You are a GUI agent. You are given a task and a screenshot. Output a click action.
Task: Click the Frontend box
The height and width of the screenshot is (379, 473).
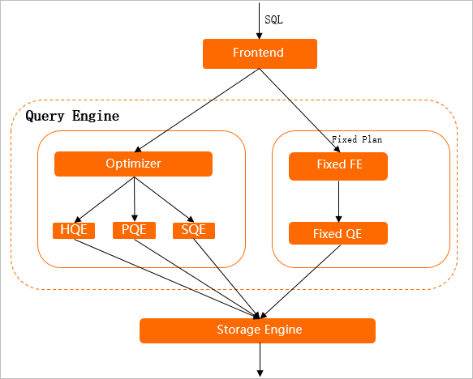pos(259,54)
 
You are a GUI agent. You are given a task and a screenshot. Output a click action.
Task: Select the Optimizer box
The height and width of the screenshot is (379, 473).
pos(133,164)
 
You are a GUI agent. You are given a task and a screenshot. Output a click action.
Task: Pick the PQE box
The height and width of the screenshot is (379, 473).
pos(134,230)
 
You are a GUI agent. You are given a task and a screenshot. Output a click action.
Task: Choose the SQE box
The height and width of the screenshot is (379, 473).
pos(194,230)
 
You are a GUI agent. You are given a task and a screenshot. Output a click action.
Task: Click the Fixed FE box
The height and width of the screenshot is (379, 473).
pos(338,167)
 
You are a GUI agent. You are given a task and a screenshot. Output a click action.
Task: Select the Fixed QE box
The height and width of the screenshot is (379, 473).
pos(338,234)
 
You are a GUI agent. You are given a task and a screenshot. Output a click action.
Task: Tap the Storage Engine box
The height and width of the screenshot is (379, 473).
pos(258,330)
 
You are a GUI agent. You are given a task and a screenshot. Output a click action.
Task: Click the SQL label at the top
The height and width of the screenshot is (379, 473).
pos(274,18)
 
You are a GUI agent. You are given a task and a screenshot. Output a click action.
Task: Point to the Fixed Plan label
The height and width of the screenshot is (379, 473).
pos(356,139)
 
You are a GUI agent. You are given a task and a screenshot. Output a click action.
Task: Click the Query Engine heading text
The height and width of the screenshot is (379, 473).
pos(72,116)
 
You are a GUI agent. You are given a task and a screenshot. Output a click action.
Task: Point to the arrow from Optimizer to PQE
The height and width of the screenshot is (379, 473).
pos(134,198)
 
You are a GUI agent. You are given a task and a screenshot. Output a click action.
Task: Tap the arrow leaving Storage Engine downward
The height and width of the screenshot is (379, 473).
pos(260,358)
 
